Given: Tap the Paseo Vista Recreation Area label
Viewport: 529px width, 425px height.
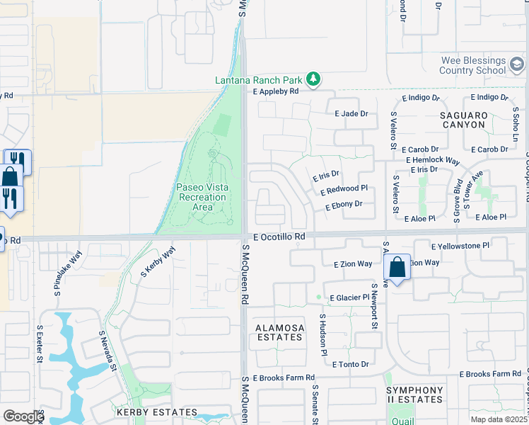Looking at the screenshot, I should click(202, 192).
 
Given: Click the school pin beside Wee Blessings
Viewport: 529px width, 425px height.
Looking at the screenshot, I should click(517, 65).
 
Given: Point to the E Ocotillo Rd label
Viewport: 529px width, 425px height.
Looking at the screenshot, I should click(277, 236).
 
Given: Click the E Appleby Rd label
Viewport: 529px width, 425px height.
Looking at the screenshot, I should click(276, 91).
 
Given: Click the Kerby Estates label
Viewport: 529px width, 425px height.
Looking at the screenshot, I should click(157, 412).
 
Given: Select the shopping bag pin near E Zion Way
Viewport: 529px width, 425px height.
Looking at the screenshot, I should click(397, 268).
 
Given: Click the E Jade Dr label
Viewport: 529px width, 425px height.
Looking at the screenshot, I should click(351, 113).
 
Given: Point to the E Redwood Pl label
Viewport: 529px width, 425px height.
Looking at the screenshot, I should click(344, 190).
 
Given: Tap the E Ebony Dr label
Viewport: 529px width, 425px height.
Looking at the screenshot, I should click(344, 205).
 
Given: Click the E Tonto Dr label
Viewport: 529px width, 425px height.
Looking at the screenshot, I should click(350, 364).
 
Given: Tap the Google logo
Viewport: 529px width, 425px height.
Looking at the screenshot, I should click(23, 416).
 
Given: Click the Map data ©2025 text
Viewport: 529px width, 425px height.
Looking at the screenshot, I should click(499, 419).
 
